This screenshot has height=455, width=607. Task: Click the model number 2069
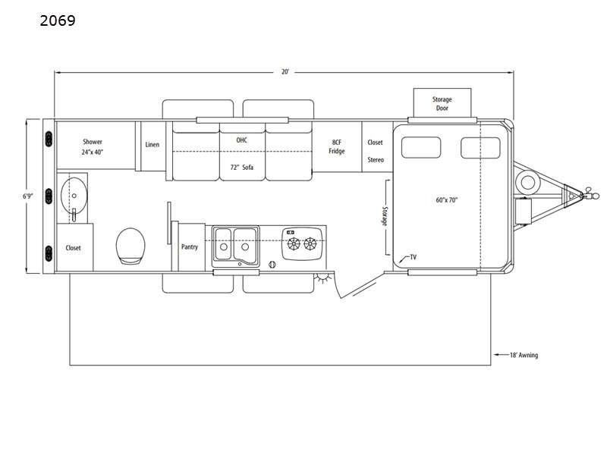coord(58,20)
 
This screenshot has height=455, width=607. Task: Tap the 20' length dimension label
coord(285,71)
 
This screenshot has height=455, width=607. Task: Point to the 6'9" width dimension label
coord(27,196)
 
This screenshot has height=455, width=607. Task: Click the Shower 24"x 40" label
coord(93,147)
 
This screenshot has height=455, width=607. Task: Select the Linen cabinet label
coord(153,144)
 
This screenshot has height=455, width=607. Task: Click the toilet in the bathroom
coord(131,246)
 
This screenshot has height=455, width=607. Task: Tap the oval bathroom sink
coord(74,196)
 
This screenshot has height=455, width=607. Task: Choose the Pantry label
coord(190,246)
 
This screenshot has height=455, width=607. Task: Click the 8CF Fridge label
coord(337,146)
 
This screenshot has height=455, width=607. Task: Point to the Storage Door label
coord(442,104)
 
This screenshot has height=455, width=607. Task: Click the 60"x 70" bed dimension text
coord(447,200)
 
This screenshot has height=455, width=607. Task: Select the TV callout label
coord(413,257)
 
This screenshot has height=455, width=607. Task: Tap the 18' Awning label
coord(524,355)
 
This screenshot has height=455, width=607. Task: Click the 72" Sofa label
coord(241,168)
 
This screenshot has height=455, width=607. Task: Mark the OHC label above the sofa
coord(241,140)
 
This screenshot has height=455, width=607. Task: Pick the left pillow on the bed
coord(421,147)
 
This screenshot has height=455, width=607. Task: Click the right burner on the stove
coord(310,243)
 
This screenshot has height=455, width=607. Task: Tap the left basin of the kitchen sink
coord(223,243)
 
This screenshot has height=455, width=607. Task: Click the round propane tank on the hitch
coord(527,181)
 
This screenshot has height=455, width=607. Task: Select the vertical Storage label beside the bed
coord(385,216)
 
